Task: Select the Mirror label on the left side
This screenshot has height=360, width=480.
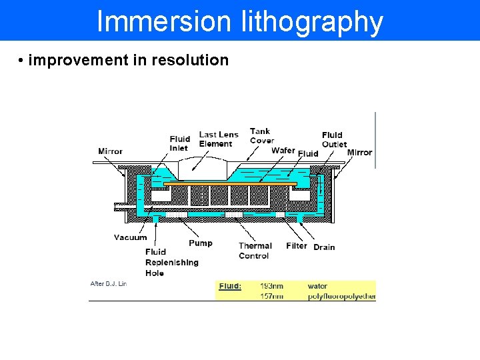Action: tap(110, 151)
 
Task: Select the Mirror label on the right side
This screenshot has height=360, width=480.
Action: tap(359, 152)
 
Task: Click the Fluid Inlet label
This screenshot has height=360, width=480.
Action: tap(179, 143)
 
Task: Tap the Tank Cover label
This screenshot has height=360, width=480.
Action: tap(261, 135)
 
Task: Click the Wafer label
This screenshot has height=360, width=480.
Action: tap(283, 151)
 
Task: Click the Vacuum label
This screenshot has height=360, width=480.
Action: tap(130, 237)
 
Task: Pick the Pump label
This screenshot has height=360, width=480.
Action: tap(200, 243)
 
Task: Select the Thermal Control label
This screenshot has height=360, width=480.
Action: tap(255, 251)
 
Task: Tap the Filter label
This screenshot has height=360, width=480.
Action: tap(297, 246)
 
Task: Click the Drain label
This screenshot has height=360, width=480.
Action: tap(324, 247)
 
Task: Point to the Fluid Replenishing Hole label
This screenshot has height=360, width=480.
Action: tap(171, 262)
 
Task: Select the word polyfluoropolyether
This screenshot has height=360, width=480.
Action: tap(341, 297)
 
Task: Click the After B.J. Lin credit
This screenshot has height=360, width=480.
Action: tap(109, 284)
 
